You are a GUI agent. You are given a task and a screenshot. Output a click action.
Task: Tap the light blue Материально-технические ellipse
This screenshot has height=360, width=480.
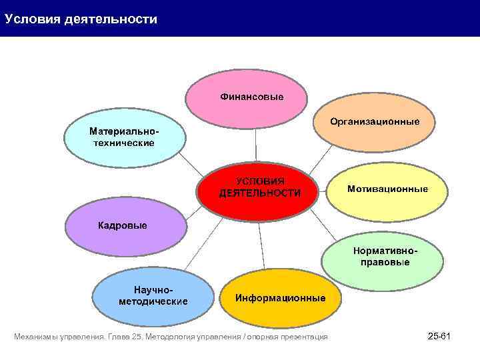tap(124, 138)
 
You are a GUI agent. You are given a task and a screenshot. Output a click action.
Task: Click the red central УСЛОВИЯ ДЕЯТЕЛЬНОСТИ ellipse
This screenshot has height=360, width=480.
tap(259, 187)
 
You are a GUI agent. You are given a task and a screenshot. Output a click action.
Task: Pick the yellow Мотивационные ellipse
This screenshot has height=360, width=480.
tap(387, 190)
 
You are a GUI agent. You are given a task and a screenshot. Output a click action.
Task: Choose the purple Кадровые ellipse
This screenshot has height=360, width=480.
tap(125, 225)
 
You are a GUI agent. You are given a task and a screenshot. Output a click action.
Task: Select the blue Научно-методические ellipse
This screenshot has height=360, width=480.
tap(153, 297)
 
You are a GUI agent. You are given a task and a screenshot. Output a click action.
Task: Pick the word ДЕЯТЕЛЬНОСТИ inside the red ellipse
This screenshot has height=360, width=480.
tap(259, 193)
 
